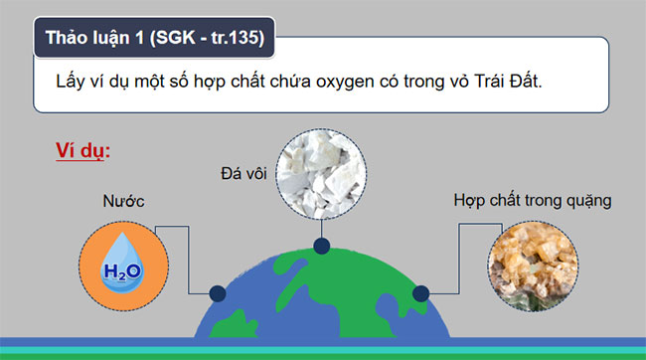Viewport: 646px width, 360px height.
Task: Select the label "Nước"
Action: (x=124, y=202)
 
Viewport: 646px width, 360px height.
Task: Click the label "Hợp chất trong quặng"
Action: (x=532, y=200)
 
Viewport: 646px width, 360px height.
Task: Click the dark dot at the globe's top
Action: (x=321, y=246)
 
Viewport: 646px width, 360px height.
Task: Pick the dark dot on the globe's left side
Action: (x=217, y=294)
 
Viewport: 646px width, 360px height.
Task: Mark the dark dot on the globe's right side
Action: (x=420, y=294)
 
